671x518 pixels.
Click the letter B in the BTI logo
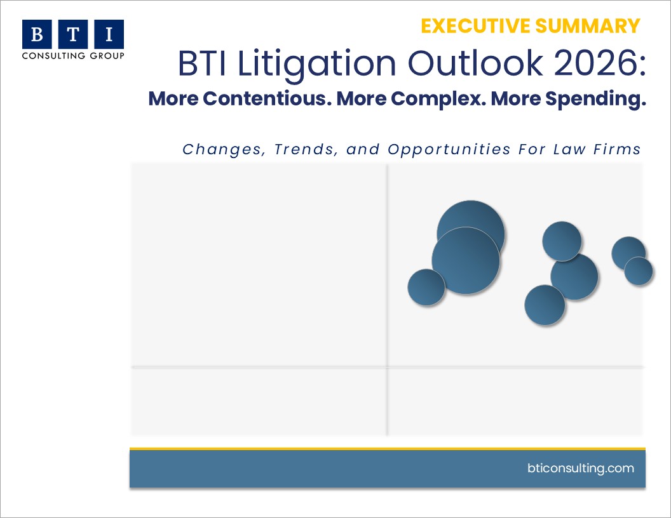[x=37, y=34]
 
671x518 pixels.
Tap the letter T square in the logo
[x=73, y=34]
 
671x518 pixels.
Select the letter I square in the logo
[x=109, y=34]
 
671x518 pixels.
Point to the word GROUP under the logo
[x=107, y=56]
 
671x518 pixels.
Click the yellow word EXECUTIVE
[x=475, y=26]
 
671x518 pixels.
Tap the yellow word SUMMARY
[x=588, y=26]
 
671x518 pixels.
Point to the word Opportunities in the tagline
[x=449, y=150]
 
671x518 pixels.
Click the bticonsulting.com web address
[x=581, y=468]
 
